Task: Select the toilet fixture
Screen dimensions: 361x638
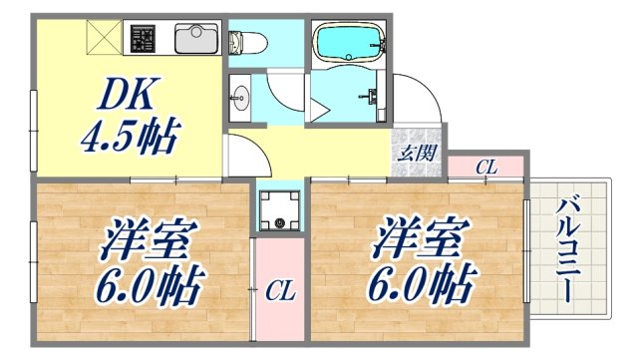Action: click(245, 43)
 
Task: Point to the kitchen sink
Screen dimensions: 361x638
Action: click(193, 39)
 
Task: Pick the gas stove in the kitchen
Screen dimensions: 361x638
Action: click(142, 39)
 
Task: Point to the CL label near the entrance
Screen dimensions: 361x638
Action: click(485, 168)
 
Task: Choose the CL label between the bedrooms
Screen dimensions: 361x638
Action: click(279, 290)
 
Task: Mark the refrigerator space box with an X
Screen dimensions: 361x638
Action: click(104, 39)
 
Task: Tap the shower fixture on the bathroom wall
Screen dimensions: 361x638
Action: click(372, 97)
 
